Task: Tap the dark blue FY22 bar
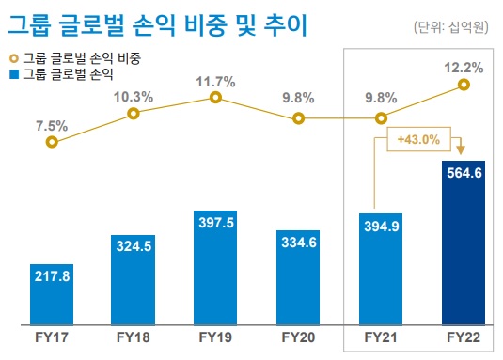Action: (x=464, y=244)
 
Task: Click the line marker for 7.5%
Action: (x=52, y=142)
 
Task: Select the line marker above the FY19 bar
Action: (x=216, y=97)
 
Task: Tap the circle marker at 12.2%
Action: (x=464, y=85)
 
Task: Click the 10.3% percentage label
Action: (x=134, y=95)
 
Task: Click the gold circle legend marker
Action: (x=14, y=58)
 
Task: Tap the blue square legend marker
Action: (x=14, y=71)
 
